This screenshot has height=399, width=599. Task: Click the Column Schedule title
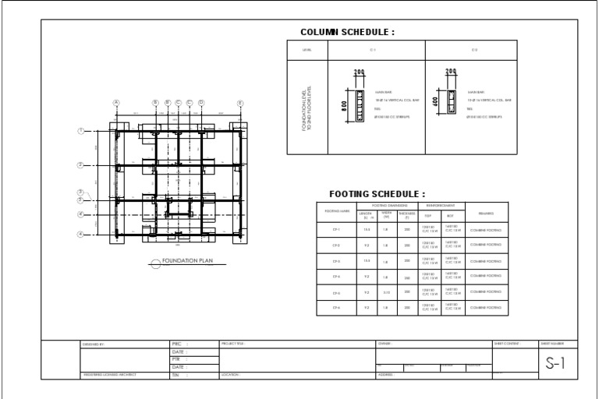point(347,33)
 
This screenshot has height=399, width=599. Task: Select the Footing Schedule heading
point(377,194)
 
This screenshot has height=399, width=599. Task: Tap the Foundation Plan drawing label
point(186,262)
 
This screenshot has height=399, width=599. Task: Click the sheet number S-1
point(555,363)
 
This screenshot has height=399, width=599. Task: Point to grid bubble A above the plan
point(116,103)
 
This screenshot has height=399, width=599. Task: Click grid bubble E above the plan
point(240,103)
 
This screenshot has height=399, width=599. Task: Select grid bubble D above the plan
point(200,103)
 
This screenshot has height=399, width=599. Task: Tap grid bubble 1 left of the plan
point(80,131)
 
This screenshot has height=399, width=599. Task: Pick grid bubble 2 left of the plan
point(80,165)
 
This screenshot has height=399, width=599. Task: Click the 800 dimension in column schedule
point(344,105)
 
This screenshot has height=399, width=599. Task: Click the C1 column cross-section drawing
point(360,105)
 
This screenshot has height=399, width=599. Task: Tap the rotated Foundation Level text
point(307,109)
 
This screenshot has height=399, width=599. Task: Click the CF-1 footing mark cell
point(336,230)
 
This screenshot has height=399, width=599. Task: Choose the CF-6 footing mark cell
point(336,308)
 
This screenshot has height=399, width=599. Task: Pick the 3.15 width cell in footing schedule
point(387,292)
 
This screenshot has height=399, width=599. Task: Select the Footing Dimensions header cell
point(388,205)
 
